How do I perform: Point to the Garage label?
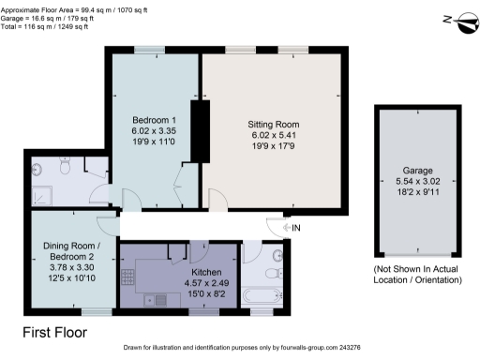coord(417,172)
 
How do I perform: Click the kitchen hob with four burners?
coord(127,278)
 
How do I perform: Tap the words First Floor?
coord(55,332)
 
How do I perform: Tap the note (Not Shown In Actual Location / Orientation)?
coord(414,279)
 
